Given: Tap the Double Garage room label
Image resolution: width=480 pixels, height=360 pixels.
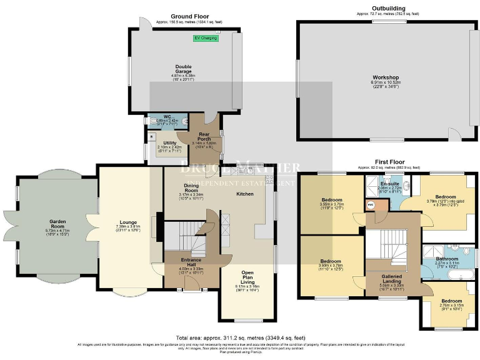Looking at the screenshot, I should tap(183, 67).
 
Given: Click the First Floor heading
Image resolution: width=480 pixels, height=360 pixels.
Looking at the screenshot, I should tap(387, 161).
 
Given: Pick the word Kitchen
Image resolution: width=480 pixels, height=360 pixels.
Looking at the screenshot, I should tap(245, 194).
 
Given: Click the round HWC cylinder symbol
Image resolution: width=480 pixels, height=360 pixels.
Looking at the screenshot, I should tap(371, 205).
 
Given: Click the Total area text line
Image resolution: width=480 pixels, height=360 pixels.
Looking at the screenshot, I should tap(240, 337).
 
